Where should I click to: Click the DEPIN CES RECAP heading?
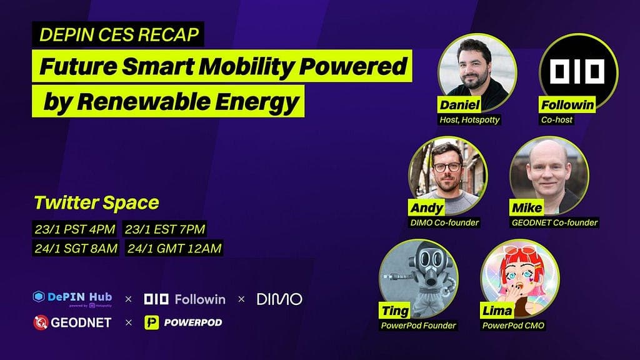tap(119, 34)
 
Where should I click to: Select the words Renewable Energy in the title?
tap(187, 102)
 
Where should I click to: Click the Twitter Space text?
tap(96, 202)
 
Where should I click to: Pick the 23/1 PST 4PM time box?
tap(75, 229)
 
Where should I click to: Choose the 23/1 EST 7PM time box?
tap(165, 229)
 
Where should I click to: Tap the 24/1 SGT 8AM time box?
tap(76, 248)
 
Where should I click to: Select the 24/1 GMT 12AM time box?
tap(174, 248)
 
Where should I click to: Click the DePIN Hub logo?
tap(72, 298)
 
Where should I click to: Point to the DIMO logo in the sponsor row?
tap(279, 299)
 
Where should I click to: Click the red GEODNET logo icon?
tap(41, 322)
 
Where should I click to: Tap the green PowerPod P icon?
tap(151, 322)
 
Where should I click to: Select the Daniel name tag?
tap(459, 105)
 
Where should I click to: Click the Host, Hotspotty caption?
tap(469, 119)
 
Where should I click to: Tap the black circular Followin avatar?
tap(578, 72)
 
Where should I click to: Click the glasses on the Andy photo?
tap(447, 167)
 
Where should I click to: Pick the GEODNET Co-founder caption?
tap(554, 222)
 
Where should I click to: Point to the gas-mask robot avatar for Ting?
tap(418, 278)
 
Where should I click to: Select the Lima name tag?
tap(497, 311)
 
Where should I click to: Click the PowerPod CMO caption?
tap(513, 325)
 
